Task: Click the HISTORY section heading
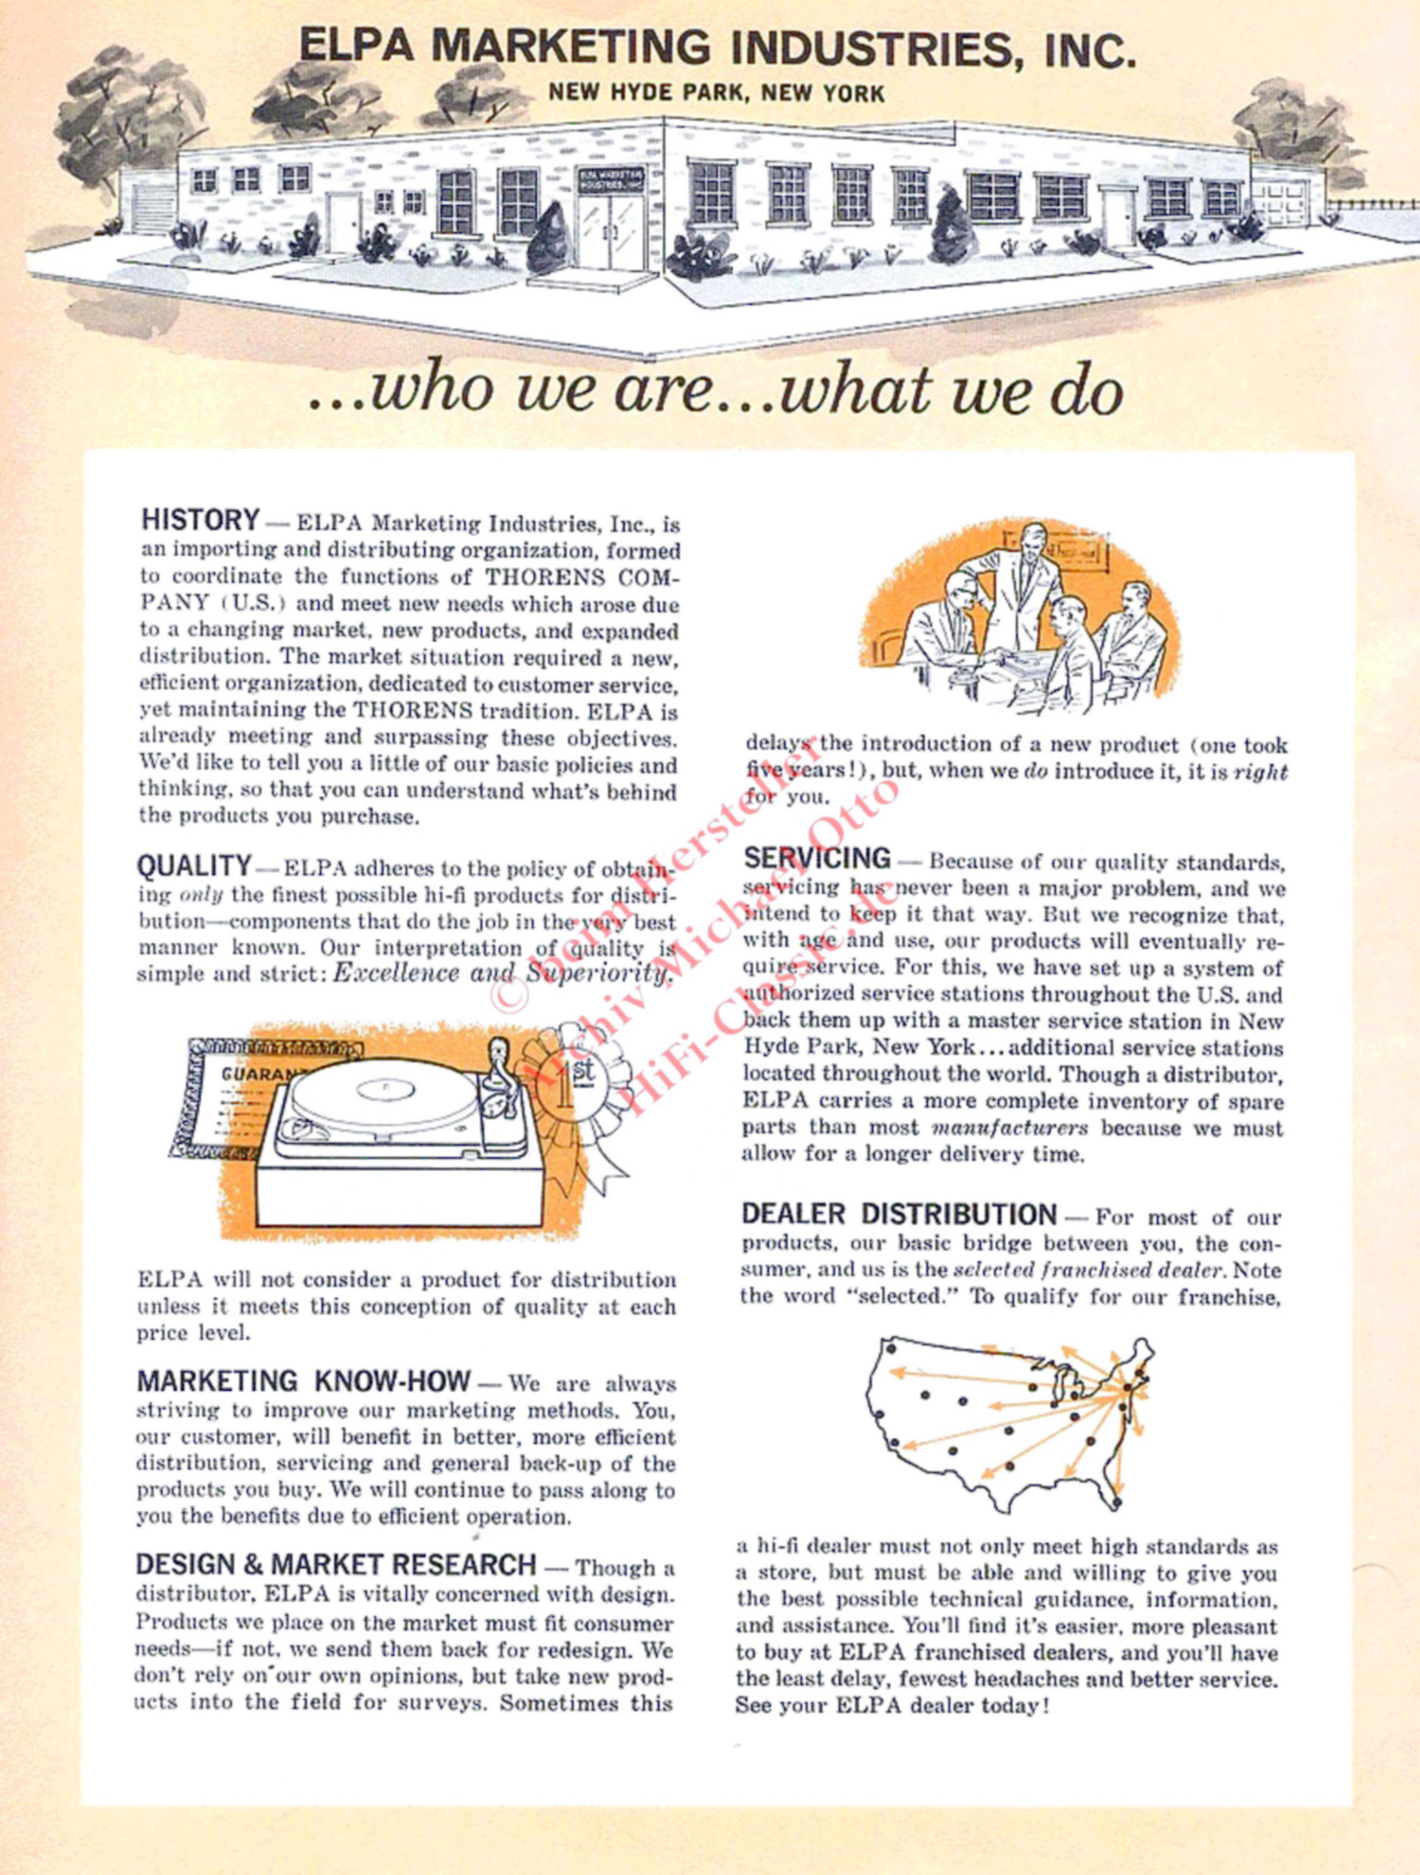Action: (200, 519)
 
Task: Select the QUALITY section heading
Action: (194, 866)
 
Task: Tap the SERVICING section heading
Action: (817, 858)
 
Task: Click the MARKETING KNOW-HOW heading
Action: (303, 1381)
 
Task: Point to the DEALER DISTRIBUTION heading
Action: (899, 1214)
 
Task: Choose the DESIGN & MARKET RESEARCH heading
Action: (336, 1563)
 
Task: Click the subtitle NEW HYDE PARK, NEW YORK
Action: (716, 92)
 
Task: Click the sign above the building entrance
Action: (611, 179)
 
